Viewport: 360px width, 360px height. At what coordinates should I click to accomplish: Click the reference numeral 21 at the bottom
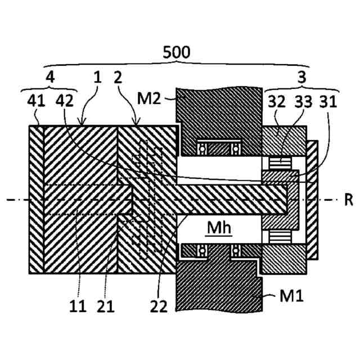[105, 307]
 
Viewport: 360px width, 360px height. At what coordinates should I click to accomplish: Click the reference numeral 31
[323, 101]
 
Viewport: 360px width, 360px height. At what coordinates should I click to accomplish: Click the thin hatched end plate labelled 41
[36, 199]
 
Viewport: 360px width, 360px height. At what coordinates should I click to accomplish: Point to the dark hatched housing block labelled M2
[219, 112]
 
